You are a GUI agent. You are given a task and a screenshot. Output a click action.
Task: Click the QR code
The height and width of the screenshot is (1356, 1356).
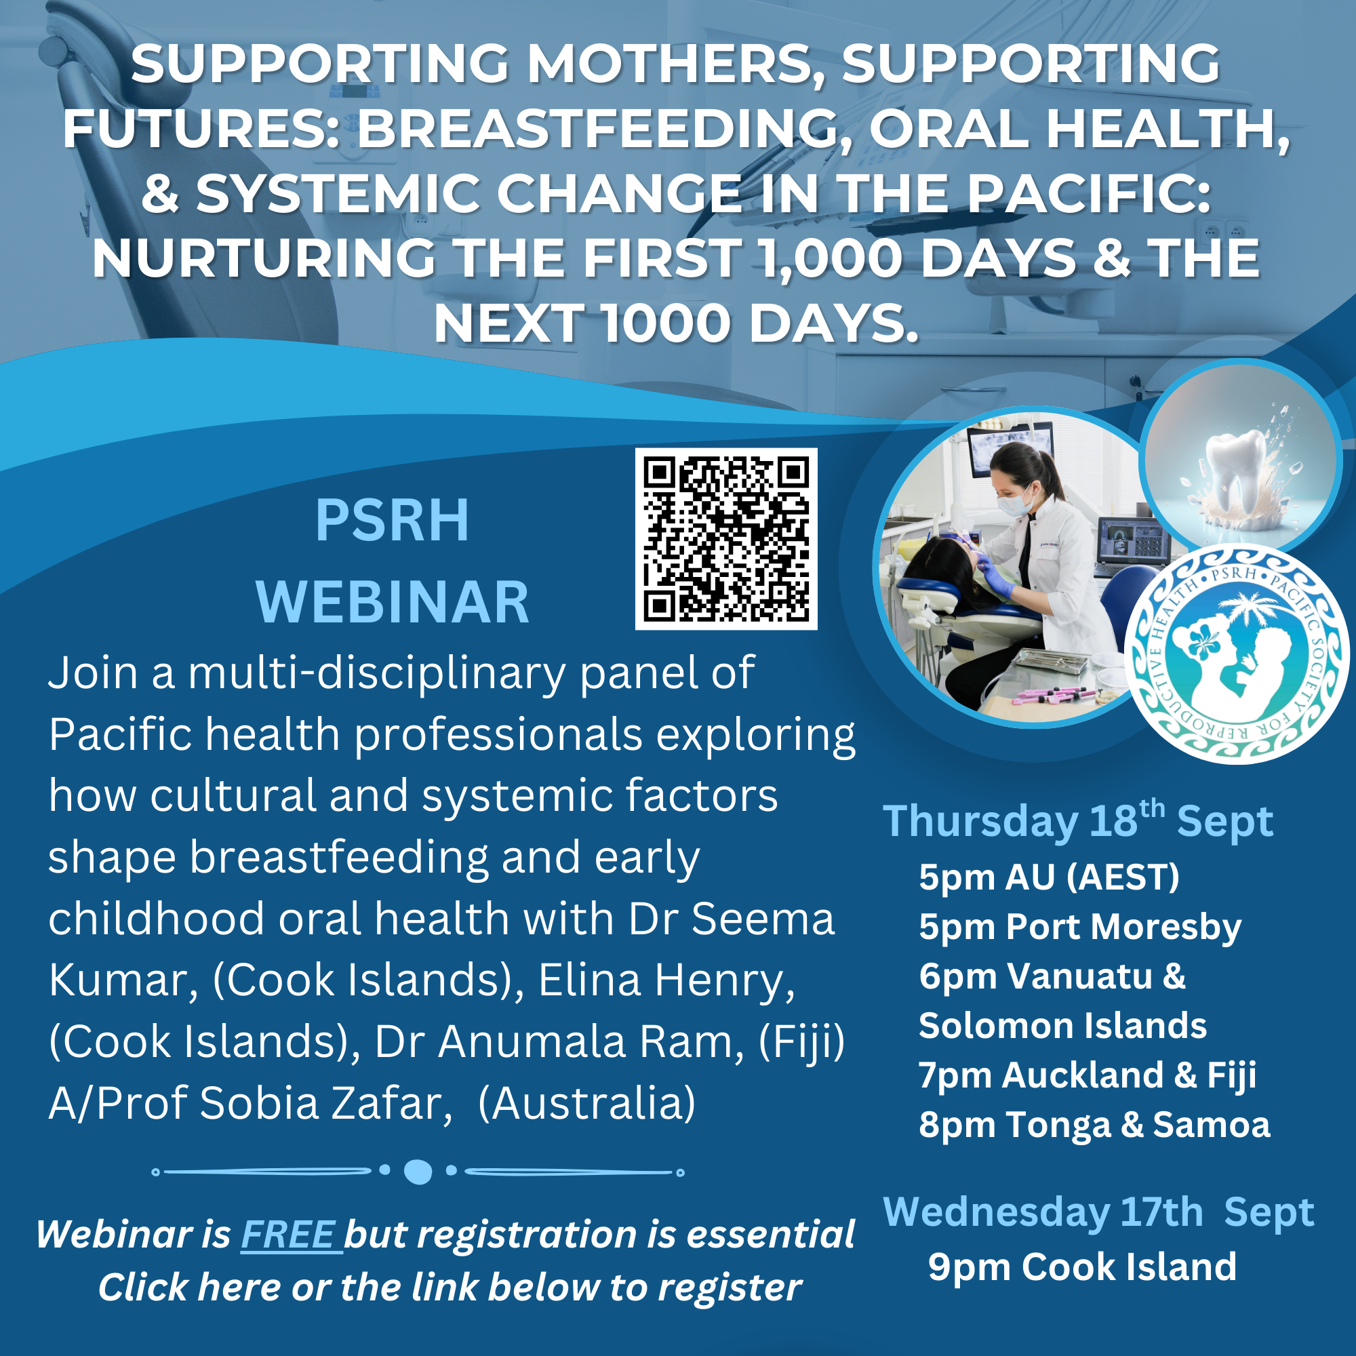725,538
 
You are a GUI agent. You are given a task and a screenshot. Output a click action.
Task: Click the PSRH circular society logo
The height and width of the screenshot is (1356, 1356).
1237,654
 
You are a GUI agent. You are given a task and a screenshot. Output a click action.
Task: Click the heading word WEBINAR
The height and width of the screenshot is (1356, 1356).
393,602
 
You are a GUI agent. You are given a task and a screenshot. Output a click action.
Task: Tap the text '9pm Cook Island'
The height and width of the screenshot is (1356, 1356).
1082,1267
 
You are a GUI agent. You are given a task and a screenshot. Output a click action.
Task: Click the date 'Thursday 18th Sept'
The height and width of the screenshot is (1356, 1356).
1078,820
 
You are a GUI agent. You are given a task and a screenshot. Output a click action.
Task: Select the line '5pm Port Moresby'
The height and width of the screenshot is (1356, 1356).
1080,928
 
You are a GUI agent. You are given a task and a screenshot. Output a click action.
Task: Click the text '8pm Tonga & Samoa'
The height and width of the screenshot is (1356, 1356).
1095,1124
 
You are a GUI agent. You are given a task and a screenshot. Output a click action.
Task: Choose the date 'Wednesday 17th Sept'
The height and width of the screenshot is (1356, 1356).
1098,1212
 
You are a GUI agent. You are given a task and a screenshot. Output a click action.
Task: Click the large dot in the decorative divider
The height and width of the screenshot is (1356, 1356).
418,1172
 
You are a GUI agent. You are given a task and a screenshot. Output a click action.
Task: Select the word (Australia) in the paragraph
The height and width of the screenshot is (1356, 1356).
586,1103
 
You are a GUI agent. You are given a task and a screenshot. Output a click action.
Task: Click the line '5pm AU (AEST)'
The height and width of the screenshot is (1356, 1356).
1050,877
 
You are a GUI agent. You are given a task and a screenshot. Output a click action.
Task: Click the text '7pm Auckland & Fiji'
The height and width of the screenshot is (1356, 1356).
1088,1076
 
